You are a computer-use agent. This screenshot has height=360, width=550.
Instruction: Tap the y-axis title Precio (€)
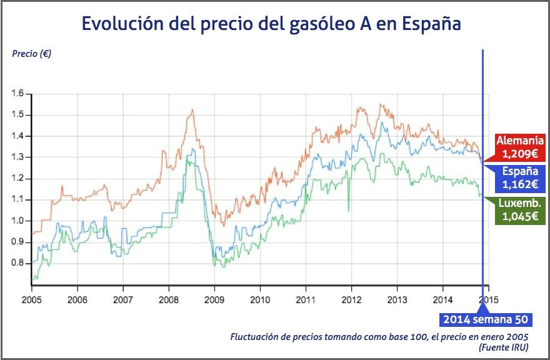31,53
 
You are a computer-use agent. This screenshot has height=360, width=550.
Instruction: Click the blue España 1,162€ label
520,178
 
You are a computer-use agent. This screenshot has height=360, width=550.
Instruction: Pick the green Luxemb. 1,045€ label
520,210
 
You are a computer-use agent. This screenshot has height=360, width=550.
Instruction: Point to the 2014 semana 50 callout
486,319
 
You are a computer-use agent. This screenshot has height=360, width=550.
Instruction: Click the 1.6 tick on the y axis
17,94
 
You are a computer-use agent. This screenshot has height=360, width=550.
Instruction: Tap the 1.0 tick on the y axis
17,221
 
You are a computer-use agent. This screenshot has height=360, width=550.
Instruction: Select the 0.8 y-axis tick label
17,263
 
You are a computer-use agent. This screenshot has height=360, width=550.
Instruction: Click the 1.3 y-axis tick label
17,157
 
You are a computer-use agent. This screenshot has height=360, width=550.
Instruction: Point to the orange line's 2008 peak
192,111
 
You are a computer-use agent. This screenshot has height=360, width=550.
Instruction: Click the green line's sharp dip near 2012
349,210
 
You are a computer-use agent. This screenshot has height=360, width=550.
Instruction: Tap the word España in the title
432,24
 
